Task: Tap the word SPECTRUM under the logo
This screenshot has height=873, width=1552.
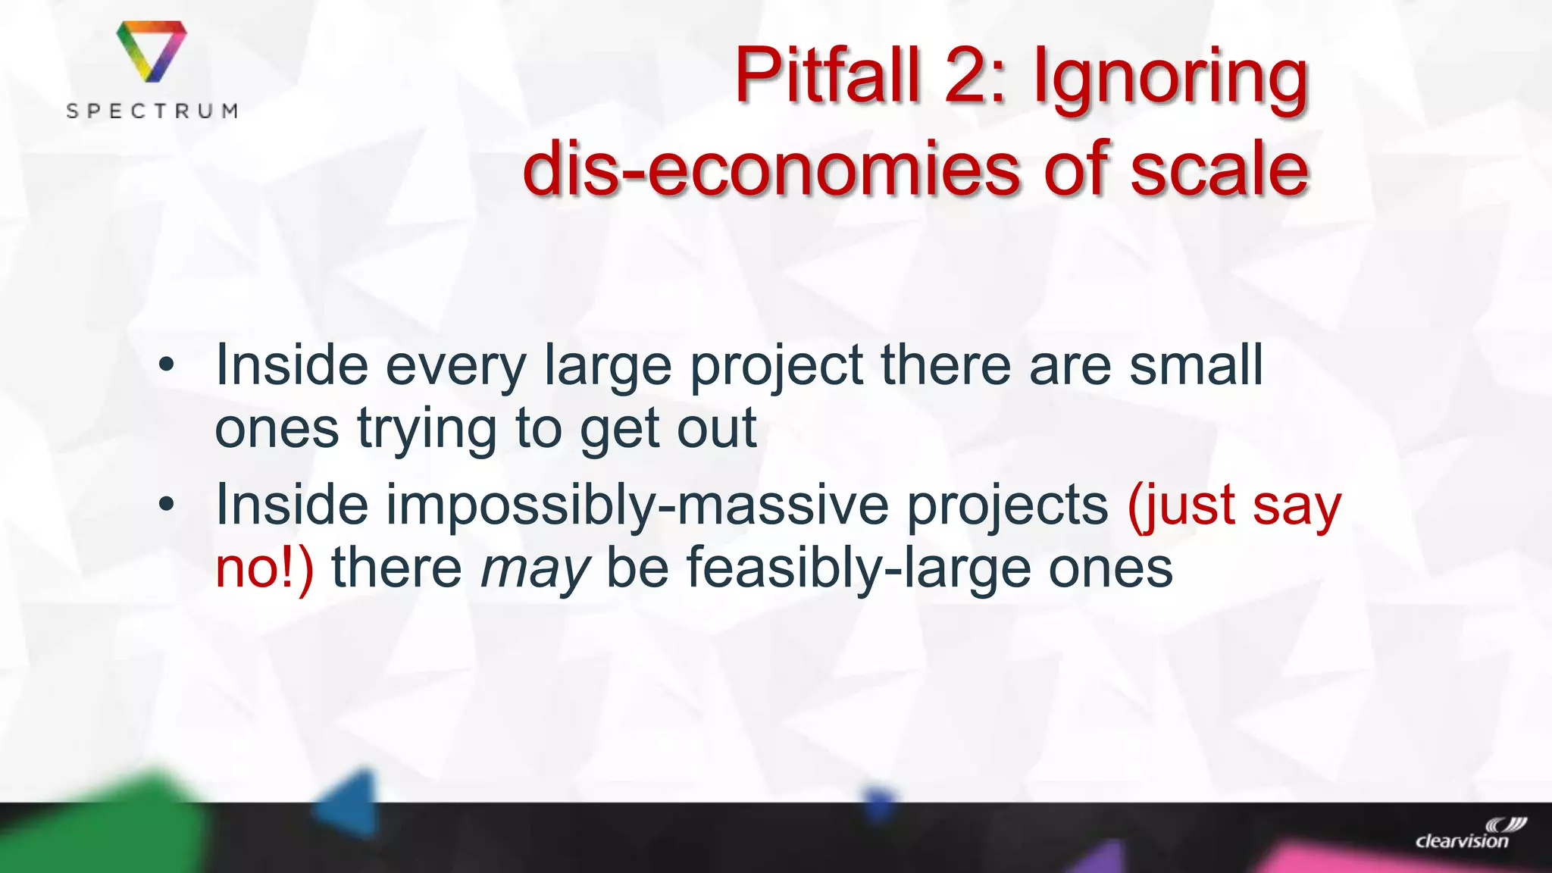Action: point(152,111)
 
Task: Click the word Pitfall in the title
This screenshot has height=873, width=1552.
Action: point(827,76)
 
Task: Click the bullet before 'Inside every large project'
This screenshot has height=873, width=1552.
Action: point(167,366)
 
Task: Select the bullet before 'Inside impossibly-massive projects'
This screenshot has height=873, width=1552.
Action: point(167,505)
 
